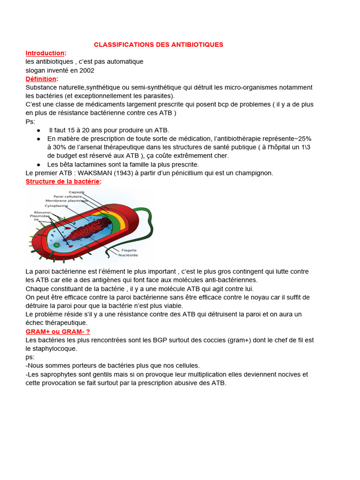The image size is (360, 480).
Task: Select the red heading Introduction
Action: coord(45,53)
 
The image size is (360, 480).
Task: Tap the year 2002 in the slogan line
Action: coord(87,70)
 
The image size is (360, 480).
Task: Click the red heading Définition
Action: coord(41,79)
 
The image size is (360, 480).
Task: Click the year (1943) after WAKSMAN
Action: coord(122,173)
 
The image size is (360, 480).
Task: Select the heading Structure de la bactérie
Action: coord(63,181)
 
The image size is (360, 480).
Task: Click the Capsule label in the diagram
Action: coord(76,192)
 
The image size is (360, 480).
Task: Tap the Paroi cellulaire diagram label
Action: coord(68,196)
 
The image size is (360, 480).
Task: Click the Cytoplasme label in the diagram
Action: coord(56,205)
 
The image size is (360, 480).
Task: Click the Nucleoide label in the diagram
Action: coord(128,255)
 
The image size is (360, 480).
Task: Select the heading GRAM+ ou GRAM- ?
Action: coord(58,331)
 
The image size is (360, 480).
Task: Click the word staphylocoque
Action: coord(52,349)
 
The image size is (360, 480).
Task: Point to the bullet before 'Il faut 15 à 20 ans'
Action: coord(38,130)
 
